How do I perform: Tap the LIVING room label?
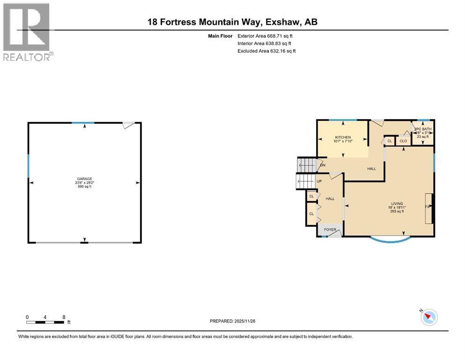click(x=397, y=203)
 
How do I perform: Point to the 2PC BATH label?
click(x=423, y=129)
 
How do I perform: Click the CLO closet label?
click(x=403, y=140)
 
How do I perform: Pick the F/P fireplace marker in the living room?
click(x=427, y=206)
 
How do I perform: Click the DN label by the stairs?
click(x=322, y=165)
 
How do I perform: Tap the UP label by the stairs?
click(x=319, y=181)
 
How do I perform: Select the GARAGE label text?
click(x=85, y=179)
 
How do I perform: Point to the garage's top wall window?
click(x=83, y=123)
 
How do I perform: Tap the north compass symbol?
click(x=428, y=317)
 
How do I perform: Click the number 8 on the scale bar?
click(x=63, y=317)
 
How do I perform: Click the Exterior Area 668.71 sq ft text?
click(x=265, y=36)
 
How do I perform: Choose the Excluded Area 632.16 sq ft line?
click(x=266, y=51)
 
